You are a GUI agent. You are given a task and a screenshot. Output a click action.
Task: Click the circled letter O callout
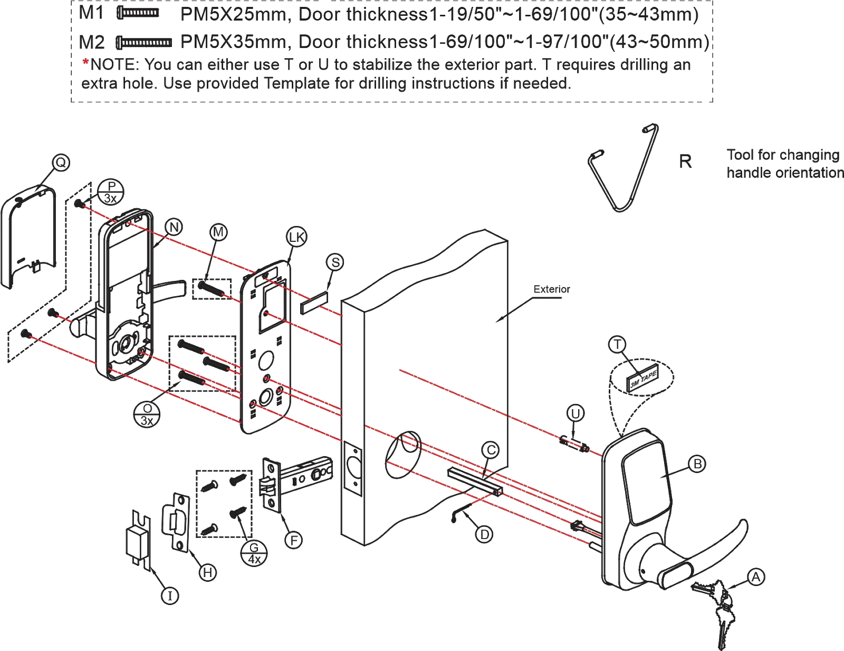pyautogui.click(x=62, y=164)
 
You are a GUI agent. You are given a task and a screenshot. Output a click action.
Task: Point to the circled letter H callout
pyautogui.click(x=209, y=571)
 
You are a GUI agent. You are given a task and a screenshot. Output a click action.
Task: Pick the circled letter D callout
pyautogui.click(x=484, y=535)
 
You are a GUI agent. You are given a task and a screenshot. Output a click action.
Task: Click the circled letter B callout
pyautogui.click(x=698, y=464)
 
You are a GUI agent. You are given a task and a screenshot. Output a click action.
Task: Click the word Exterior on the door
pyautogui.click(x=551, y=289)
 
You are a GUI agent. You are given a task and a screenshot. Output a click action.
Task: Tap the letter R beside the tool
pyautogui.click(x=685, y=161)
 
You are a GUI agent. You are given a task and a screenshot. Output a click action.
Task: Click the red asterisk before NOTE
pyautogui.click(x=84, y=64)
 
